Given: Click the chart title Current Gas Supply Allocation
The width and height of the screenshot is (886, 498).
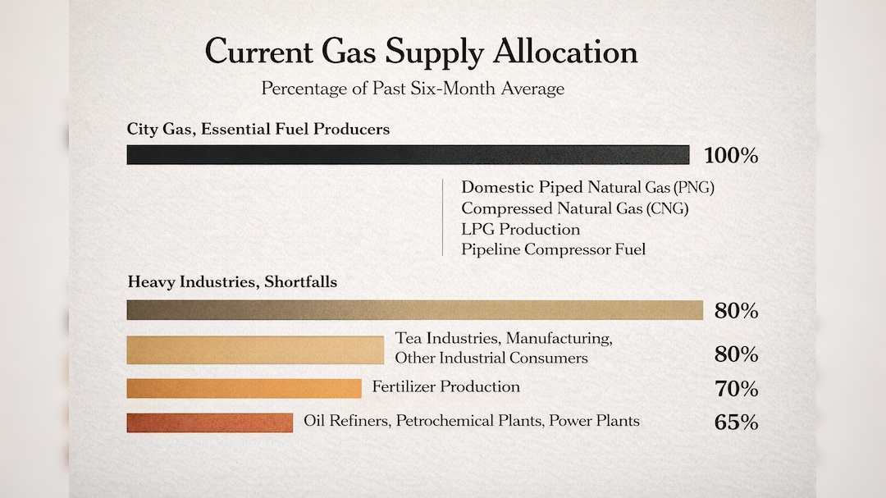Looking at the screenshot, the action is click(421, 53).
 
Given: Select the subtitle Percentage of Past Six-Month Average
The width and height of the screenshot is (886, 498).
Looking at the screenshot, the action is click(413, 89).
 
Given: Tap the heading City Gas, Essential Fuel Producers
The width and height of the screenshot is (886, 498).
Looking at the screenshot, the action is click(258, 130).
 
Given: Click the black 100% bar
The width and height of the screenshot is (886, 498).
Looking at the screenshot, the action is click(408, 155).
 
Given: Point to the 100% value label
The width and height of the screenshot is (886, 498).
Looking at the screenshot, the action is click(731, 155).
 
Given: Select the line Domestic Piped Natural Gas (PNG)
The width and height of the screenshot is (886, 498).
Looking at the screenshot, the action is click(587, 187).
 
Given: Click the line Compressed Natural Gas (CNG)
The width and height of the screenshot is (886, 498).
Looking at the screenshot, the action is click(574, 208).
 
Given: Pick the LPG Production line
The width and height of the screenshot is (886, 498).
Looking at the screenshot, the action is click(520, 229).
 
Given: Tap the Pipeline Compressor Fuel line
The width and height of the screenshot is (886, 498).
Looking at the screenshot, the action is click(553, 249).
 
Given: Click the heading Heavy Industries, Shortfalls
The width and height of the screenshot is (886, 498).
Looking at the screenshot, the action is click(232, 281).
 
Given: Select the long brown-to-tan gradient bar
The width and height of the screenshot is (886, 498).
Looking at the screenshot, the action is click(415, 310).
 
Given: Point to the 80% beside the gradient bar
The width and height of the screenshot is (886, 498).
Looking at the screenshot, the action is click(736, 311).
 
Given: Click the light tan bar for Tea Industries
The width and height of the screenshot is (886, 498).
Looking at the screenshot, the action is click(255, 350).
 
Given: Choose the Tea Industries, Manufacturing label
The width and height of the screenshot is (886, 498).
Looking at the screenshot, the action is click(504, 338).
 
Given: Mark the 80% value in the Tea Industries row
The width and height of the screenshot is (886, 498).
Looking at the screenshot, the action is click(736, 354).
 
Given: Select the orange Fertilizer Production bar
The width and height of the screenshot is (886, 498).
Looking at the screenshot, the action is click(244, 388).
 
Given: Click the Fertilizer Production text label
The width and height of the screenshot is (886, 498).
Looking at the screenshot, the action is click(445, 386).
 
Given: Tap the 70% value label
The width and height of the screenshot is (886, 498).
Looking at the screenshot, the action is click(736, 389).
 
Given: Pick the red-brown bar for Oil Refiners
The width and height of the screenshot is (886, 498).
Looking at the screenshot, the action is click(210, 423).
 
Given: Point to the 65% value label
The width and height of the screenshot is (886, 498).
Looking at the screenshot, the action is click(736, 423).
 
